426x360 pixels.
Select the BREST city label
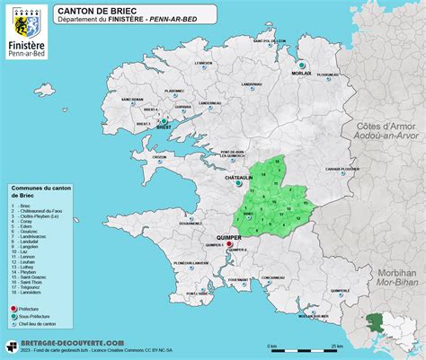[x=164, y=128]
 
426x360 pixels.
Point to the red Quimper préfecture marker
[x=229, y=243]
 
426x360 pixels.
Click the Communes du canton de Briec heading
[x=40, y=193]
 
